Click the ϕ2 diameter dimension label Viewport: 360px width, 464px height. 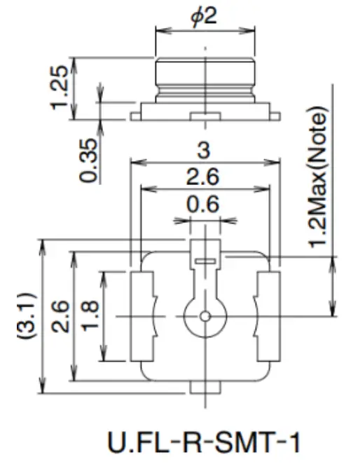205,15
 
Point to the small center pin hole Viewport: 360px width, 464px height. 205,316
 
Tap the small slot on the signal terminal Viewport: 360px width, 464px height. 205,260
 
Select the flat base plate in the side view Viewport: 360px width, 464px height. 205,108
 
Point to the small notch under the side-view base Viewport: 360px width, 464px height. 205,116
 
